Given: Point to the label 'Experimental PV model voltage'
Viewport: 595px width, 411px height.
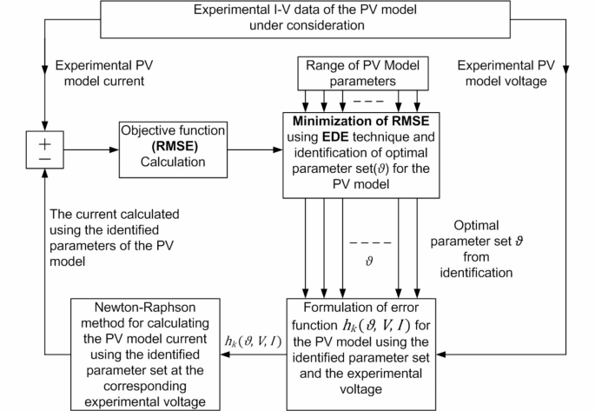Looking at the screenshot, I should click(506, 73).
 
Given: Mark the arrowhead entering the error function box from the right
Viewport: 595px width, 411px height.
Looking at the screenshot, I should click(440, 353).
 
